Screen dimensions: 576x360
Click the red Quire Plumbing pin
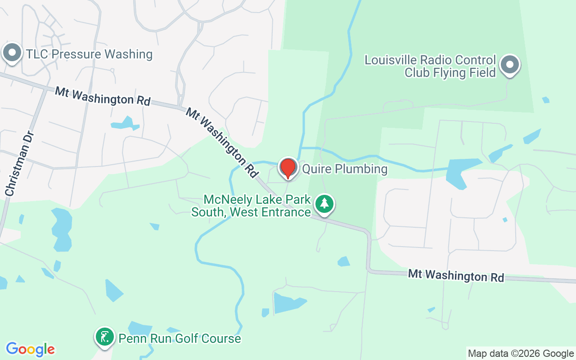(288, 167)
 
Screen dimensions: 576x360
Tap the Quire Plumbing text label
(345, 169)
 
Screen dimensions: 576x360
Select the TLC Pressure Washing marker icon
(12, 53)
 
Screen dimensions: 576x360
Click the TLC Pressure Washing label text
(89, 54)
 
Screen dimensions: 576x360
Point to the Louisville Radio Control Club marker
(509, 65)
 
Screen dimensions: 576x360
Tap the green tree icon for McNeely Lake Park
(324, 204)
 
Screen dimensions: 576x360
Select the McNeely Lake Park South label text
(251, 206)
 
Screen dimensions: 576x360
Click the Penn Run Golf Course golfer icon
(105, 337)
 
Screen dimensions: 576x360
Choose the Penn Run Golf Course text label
(180, 338)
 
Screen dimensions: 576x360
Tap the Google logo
(30, 349)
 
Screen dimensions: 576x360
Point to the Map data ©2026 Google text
(521, 354)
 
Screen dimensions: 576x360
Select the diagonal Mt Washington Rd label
(222, 142)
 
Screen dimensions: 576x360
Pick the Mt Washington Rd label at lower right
(456, 275)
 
